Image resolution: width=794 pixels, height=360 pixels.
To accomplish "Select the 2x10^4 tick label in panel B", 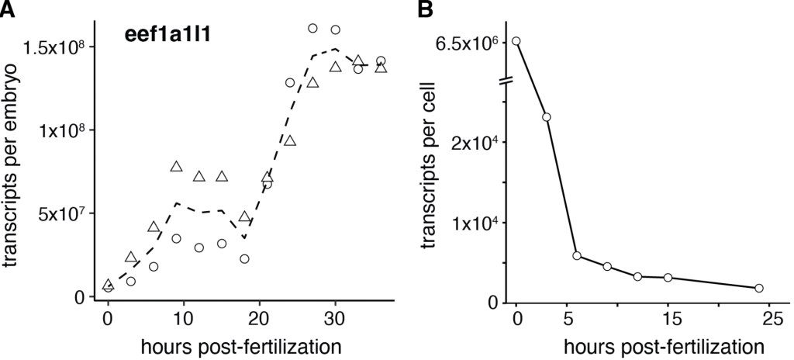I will point(472,142).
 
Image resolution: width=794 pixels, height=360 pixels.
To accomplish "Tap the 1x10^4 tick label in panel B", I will point(472,223).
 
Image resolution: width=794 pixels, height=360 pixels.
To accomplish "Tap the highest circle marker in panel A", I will point(313,28).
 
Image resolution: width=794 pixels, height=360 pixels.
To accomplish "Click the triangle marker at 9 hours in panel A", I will point(176,167).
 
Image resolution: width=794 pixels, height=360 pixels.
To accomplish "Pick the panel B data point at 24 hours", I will point(758,288).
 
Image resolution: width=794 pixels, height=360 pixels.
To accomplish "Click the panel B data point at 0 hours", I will point(516,41).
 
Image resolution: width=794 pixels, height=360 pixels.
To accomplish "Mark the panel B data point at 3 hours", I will point(547,117).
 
